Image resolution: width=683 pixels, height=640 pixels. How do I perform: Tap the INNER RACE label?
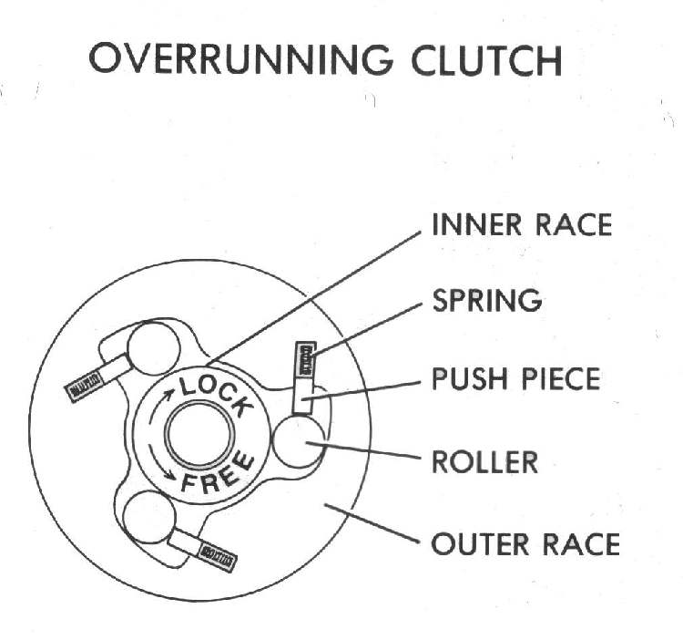pos(521,225)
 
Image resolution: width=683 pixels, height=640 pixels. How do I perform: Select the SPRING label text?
pos(486,300)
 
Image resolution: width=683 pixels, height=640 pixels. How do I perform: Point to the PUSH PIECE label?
pos(515,378)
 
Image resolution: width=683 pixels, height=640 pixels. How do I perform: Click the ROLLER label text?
pos(484,461)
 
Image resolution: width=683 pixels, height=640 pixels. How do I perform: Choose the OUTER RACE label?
pos(525,545)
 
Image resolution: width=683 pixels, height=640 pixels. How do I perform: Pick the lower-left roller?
pos(148,521)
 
